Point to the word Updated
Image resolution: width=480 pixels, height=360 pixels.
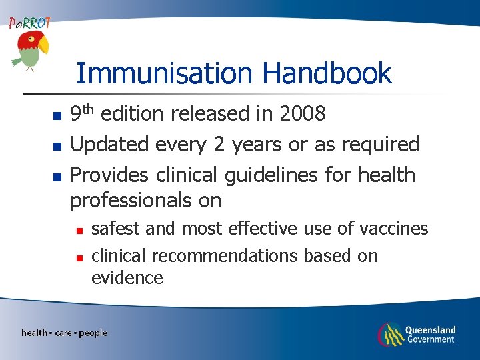pyautogui.click(x=110, y=145)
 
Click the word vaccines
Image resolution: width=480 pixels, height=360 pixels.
pyautogui.click(x=394, y=229)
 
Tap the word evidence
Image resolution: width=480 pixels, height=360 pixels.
pyautogui.click(x=127, y=278)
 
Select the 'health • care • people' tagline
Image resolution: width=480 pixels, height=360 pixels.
pyautogui.click(x=64, y=333)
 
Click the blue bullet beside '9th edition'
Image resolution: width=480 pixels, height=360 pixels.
pyautogui.click(x=57, y=116)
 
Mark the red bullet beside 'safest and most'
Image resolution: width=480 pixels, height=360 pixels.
pyautogui.click(x=79, y=231)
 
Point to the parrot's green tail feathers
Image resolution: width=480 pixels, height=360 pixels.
pyautogui.click(x=17, y=61)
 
